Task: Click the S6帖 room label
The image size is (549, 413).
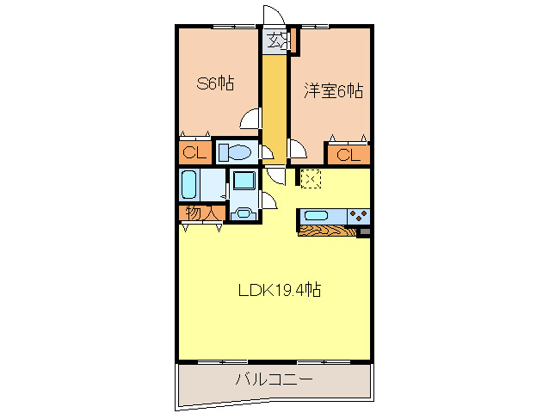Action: pos(215,83)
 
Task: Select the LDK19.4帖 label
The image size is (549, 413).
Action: pos(280,290)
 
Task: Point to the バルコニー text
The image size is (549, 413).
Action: pos(274,379)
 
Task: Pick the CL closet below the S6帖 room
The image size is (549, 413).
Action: pos(194,153)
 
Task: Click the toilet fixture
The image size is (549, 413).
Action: pos(234,153)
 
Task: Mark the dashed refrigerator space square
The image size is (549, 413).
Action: pos(311,178)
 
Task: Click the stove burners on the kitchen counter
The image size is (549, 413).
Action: pos(359,215)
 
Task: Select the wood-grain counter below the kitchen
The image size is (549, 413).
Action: pos(327,230)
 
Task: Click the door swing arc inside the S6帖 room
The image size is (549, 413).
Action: pos(250,120)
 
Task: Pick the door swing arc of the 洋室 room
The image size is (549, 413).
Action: pos(296,150)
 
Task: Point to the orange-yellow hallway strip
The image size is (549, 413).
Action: pos(274,103)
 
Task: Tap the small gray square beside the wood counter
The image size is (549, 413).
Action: pos(364,231)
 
